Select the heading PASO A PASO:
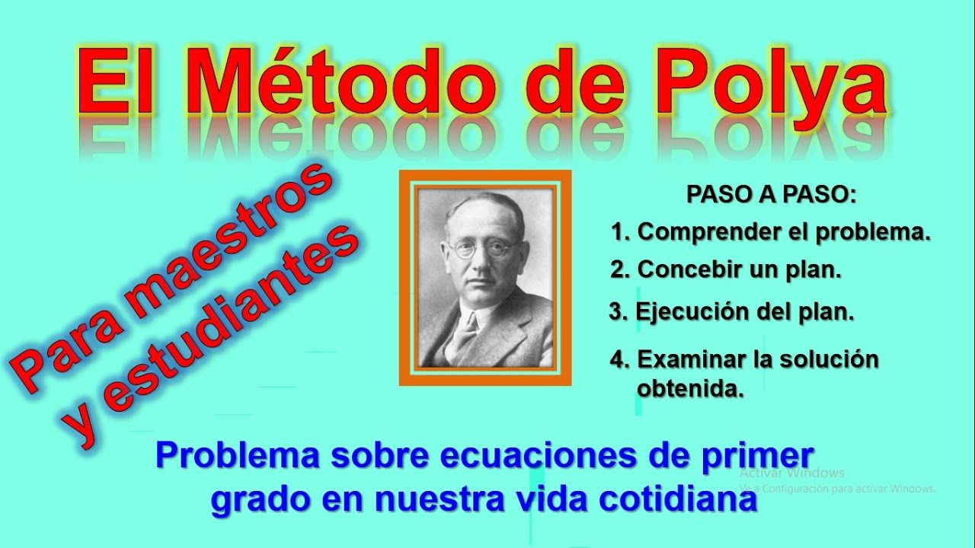tap(772, 194)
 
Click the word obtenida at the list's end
tap(689, 390)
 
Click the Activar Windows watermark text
tap(791, 473)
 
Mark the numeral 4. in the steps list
tap(618, 359)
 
